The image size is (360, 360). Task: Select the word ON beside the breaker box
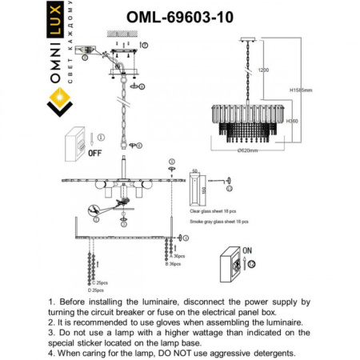[x=247, y=250]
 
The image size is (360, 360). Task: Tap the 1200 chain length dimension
[x=263, y=70]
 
